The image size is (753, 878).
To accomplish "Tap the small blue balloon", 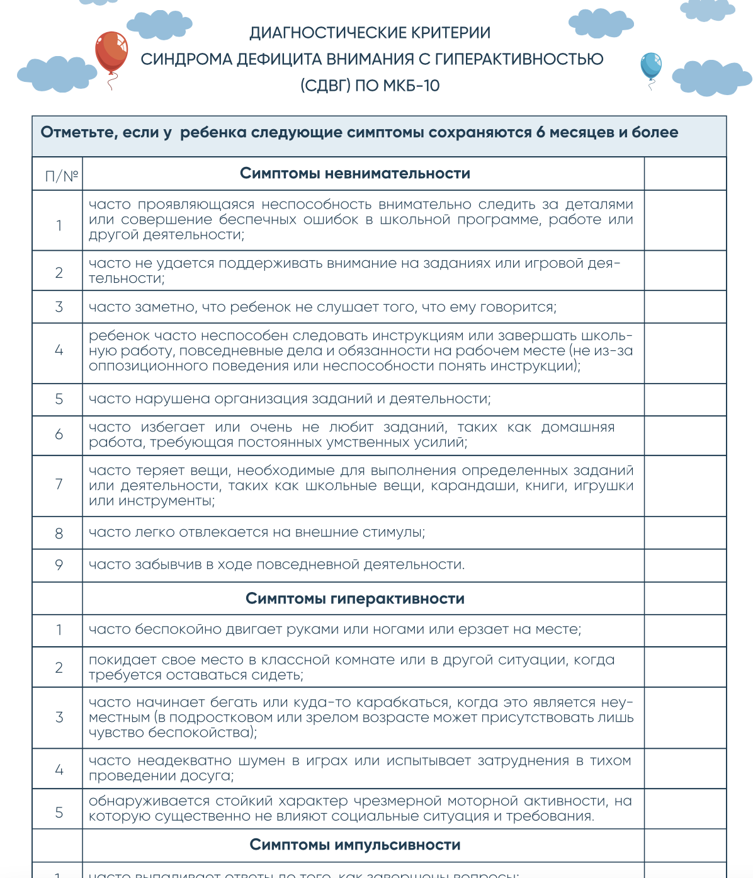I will (650, 66).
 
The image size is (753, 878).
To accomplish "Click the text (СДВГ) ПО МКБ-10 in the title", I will (370, 86).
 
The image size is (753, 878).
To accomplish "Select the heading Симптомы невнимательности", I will (355, 174).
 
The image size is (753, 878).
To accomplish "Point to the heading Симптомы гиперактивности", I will (355, 599).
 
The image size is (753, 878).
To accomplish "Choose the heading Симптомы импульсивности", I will (355, 845).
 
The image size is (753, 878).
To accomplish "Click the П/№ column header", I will (61, 176).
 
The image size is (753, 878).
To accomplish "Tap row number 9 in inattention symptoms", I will (59, 565).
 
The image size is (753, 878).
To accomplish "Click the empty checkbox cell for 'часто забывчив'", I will (685, 565).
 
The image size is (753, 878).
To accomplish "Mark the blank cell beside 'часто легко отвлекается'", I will (685, 533).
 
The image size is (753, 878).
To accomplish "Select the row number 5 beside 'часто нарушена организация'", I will (59, 399).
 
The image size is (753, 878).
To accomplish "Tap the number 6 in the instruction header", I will (540, 133).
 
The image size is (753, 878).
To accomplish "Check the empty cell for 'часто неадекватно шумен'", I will (685, 768).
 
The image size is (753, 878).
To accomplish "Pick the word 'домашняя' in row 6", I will (577, 428).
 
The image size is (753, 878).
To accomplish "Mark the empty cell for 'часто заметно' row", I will (685, 307).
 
